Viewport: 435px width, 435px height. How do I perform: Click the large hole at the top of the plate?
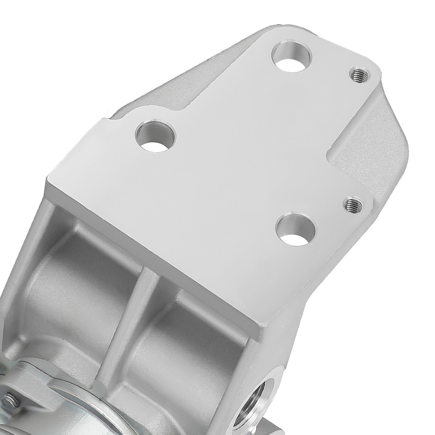click(x=293, y=57)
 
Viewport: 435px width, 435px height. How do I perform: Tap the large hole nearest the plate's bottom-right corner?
click(x=295, y=230)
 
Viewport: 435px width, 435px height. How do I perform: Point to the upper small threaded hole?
click(x=359, y=74)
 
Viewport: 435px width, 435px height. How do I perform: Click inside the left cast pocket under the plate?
click(x=74, y=278)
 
